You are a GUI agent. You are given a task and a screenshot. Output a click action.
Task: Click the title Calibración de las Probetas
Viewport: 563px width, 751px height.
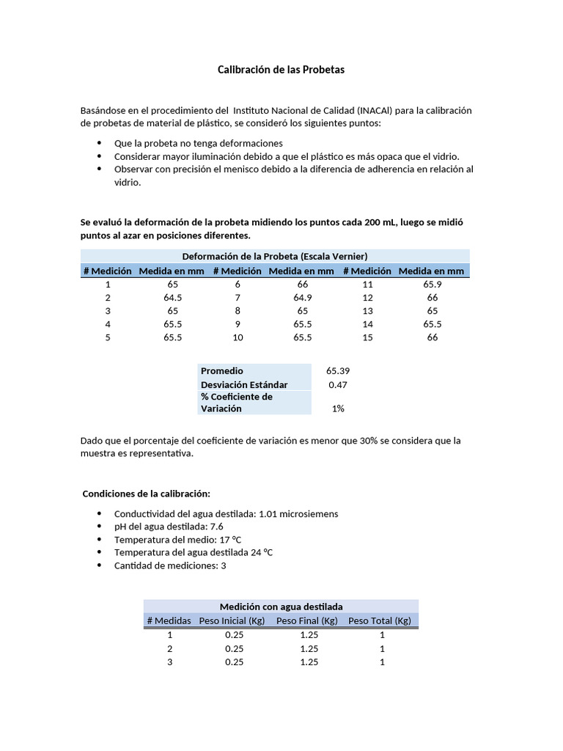pyautogui.click(x=281, y=70)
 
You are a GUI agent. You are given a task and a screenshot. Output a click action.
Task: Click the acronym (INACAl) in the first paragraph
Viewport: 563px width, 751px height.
pyautogui.click(x=375, y=110)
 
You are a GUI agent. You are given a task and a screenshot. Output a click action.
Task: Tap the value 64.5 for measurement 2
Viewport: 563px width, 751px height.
pyautogui.click(x=173, y=297)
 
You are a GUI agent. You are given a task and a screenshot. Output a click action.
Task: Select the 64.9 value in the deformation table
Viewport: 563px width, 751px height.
pyautogui.click(x=302, y=297)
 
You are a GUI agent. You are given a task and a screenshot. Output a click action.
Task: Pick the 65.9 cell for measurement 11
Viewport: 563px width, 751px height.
pyautogui.click(x=433, y=284)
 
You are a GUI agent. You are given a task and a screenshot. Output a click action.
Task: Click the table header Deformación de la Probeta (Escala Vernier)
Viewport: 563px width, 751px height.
pyautogui.click(x=274, y=256)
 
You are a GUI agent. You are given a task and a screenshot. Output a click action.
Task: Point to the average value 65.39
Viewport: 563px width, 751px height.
pyautogui.click(x=337, y=371)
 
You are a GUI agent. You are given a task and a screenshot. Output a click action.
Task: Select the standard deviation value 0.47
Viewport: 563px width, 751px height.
pyautogui.click(x=337, y=384)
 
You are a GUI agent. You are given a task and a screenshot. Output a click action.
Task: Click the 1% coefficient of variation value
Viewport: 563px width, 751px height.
pyautogui.click(x=337, y=409)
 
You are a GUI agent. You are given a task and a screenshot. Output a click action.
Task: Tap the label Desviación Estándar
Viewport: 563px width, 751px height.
pyautogui.click(x=244, y=384)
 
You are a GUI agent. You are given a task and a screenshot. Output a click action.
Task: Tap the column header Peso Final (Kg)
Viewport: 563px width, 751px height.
pyautogui.click(x=306, y=620)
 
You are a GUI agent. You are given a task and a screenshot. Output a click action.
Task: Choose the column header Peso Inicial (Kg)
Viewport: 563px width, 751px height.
pyautogui.click(x=232, y=620)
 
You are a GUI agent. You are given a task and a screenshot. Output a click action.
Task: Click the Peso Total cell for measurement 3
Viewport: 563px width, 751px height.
pyautogui.click(x=382, y=662)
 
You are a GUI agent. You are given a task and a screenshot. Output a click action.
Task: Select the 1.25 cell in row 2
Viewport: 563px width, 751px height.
pyautogui.click(x=309, y=648)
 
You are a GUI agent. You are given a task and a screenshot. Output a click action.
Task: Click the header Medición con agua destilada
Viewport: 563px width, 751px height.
pyautogui.click(x=281, y=607)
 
